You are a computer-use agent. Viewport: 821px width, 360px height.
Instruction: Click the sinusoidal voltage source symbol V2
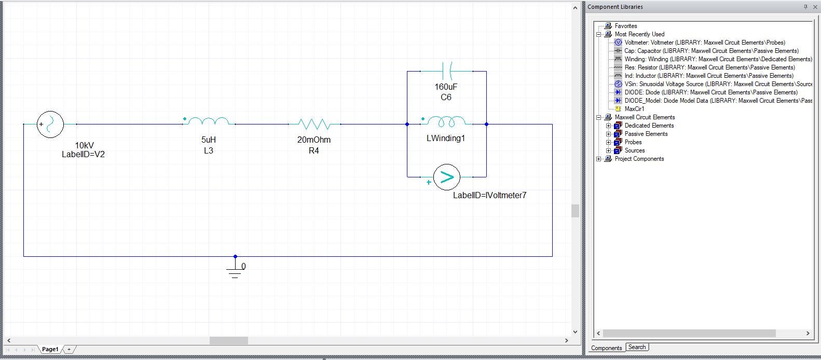[50, 124]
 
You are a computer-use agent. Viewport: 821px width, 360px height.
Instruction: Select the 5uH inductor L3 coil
[208, 122]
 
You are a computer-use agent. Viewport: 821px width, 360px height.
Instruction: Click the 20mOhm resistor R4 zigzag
[314, 124]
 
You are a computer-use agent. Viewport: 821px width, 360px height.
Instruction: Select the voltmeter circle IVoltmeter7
[446, 177]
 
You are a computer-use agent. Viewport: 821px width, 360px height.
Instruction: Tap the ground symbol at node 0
[235, 271]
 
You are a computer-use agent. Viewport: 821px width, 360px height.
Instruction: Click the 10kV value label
[85, 146]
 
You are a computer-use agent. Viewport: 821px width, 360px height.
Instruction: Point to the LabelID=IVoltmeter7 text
[489, 196]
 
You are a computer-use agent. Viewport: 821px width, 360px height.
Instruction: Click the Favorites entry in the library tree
[625, 26]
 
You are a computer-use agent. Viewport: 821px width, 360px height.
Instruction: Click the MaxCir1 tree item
[634, 109]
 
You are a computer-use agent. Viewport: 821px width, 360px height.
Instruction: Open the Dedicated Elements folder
[649, 126]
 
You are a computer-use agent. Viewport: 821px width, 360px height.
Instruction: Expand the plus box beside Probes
[608, 142]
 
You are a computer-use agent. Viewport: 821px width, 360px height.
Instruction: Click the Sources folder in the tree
[634, 150]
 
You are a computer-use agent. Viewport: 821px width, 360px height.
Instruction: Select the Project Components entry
[639, 159]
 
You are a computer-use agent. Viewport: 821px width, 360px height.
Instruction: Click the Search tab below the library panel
[637, 348]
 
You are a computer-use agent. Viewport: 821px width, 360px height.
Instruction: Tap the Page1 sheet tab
[50, 349]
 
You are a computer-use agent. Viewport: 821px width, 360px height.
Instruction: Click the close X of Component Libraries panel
[815, 7]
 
